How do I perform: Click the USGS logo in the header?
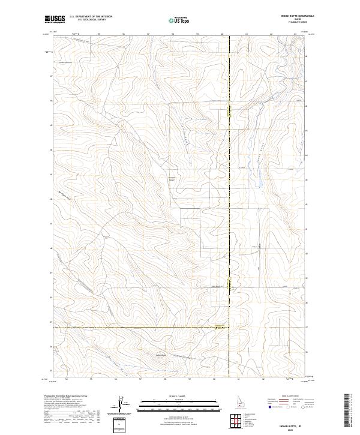[55, 19]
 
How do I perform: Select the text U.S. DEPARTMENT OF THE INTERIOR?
[91, 17]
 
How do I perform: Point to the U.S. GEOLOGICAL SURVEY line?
[91, 20]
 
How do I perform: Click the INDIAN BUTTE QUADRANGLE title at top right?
[292, 17]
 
